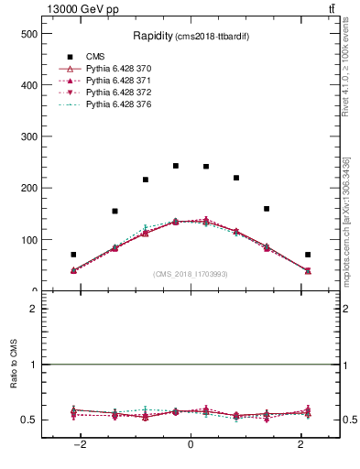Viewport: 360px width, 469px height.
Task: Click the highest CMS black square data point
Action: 176,166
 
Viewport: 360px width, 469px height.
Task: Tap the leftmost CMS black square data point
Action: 73,255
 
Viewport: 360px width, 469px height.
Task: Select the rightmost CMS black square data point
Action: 308,255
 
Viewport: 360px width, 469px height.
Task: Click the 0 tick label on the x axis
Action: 191,443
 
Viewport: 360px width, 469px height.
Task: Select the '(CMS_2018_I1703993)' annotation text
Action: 191,274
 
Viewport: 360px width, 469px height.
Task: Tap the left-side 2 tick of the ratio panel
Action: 34,309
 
